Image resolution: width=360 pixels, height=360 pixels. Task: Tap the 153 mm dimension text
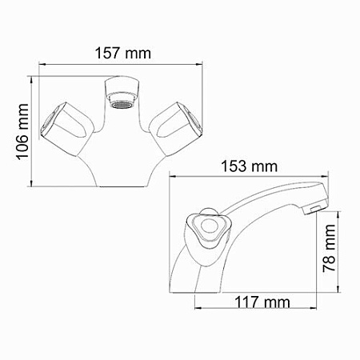click(250, 166)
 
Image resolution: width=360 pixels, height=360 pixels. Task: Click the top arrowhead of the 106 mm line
click(32, 79)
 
